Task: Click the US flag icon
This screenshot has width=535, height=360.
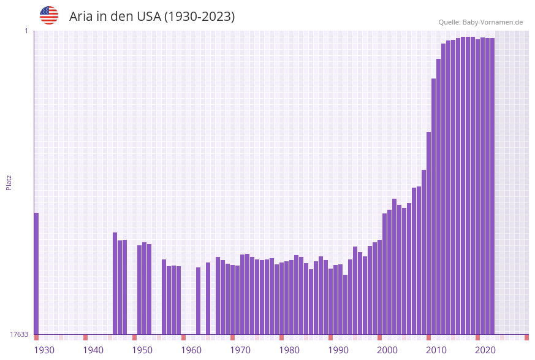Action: pos(49,15)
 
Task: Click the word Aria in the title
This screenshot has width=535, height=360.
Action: pos(80,17)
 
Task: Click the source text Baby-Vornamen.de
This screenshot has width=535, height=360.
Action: pos(492,22)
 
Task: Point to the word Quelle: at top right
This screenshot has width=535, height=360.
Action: pos(449,22)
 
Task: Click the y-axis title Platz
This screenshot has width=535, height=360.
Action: pos(9,182)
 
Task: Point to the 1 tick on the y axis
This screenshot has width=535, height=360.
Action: pos(26,31)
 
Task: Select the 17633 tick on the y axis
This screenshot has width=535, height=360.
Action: pos(19,334)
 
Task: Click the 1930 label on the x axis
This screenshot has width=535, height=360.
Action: pos(44,350)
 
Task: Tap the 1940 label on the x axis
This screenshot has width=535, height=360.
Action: pos(93,350)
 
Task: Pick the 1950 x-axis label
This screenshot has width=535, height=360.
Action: pos(142,350)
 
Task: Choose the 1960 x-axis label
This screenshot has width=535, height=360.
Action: pos(191,350)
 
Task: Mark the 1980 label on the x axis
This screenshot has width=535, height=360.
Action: pos(289,350)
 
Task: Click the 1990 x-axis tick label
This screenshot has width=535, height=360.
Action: pos(338,350)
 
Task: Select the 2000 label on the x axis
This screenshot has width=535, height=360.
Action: pos(387,350)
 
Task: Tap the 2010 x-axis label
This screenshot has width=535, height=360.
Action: pos(436,350)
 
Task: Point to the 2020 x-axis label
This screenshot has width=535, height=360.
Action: pos(485,350)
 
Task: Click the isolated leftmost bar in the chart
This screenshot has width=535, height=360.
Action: pos(36,273)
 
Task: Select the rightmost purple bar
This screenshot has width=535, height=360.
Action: pos(492,184)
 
